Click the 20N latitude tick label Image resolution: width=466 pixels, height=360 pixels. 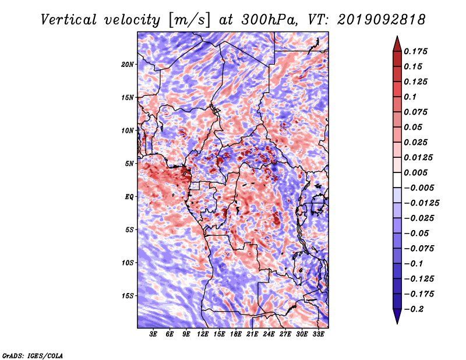pyautogui.click(x=128, y=65)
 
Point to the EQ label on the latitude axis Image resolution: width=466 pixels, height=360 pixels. pyautogui.click(x=129, y=197)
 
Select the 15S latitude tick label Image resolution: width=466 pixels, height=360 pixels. pyautogui.click(x=128, y=296)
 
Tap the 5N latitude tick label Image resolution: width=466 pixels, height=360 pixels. pyautogui.click(x=129, y=164)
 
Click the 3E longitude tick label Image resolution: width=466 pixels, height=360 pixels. pyautogui.click(x=153, y=334)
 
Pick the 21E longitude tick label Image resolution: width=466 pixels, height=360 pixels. pyautogui.click(x=252, y=334)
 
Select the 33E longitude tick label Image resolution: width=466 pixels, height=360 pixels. pyautogui.click(x=318, y=334)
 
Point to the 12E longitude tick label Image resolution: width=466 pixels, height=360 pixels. pyautogui.click(x=203, y=334)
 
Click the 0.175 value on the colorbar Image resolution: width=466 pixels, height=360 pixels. pyautogui.click(x=415, y=51)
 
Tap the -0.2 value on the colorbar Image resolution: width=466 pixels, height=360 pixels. pyautogui.click(x=414, y=309)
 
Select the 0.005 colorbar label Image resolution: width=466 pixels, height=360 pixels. pyautogui.click(x=415, y=172)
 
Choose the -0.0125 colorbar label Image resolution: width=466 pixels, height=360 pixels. pyautogui.click(x=421, y=203)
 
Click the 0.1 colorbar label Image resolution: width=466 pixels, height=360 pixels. pyautogui.click(x=410, y=97)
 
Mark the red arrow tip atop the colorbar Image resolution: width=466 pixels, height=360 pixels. pyautogui.click(x=397, y=36)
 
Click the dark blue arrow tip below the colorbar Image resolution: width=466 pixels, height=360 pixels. pyautogui.click(x=397, y=323)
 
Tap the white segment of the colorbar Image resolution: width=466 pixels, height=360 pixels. pyautogui.click(x=397, y=180)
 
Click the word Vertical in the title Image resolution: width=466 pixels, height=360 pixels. pyautogui.click(x=69, y=20)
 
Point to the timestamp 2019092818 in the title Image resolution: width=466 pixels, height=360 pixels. pyautogui.click(x=381, y=20)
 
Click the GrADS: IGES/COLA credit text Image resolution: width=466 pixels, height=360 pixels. pyautogui.click(x=33, y=355)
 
